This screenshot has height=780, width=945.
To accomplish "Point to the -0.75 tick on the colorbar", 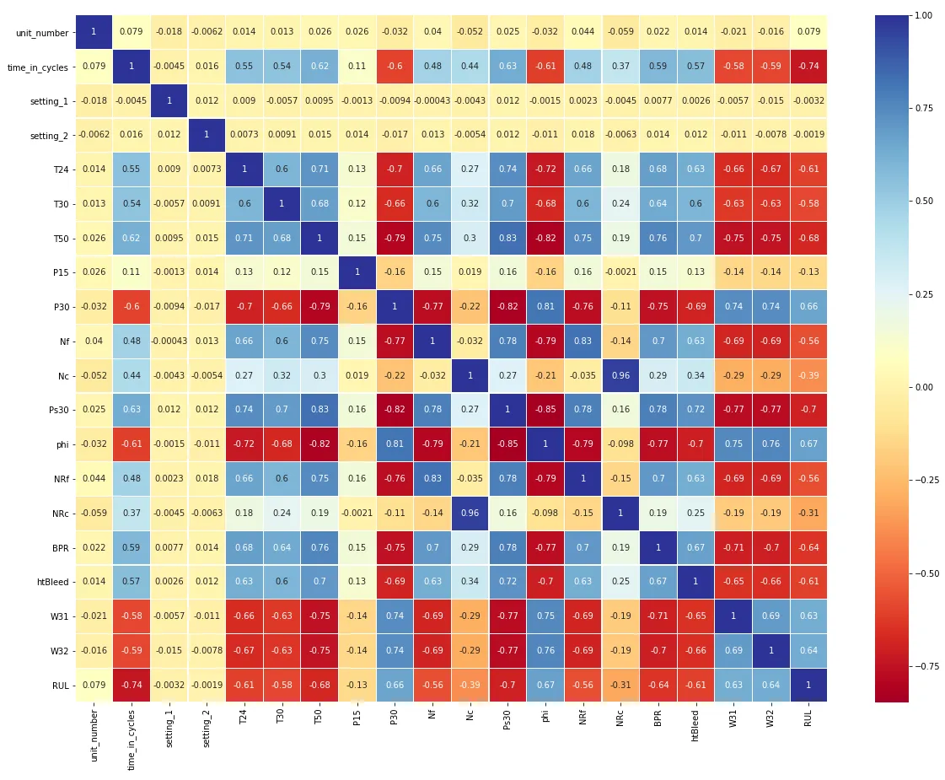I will (x=926, y=666).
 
